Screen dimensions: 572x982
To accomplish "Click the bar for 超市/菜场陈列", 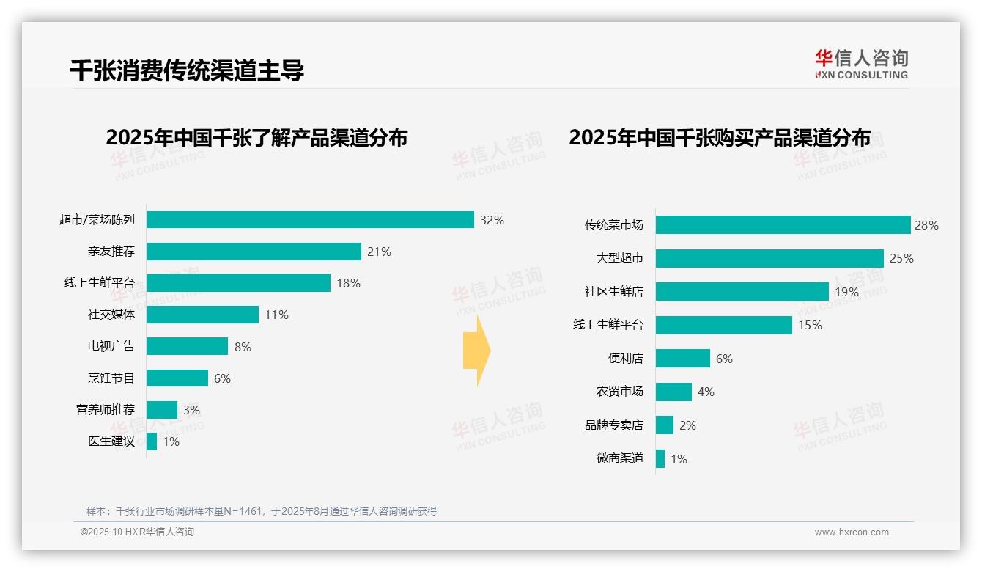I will pyautogui.click(x=310, y=220).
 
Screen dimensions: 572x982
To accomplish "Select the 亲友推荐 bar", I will pyautogui.click(x=254, y=252).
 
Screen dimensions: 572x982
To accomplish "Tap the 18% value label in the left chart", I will pyautogui.click(x=348, y=283).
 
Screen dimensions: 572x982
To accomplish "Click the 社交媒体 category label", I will pyautogui.click(x=111, y=315).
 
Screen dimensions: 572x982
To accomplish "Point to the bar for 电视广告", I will pyautogui.click(x=187, y=346).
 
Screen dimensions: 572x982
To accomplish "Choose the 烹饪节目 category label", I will pyautogui.click(x=111, y=378).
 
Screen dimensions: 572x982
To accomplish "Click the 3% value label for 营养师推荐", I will pyautogui.click(x=191, y=410).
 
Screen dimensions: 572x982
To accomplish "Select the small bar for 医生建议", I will pyautogui.click(x=152, y=441).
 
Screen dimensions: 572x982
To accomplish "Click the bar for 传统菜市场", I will pyautogui.click(x=783, y=225).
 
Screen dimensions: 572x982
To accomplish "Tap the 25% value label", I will pyautogui.click(x=901, y=258).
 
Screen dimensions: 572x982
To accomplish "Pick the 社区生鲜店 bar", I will pyautogui.click(x=742, y=292).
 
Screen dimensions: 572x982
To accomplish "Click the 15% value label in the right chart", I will pyautogui.click(x=810, y=325).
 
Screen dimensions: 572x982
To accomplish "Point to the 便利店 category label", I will pyautogui.click(x=625, y=359).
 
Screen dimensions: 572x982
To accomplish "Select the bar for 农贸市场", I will pyautogui.click(x=673, y=392).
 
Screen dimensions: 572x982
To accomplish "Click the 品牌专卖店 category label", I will pyautogui.click(x=613, y=425).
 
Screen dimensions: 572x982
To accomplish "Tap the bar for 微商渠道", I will pyautogui.click(x=660, y=459).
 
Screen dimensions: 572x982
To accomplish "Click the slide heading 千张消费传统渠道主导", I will pyautogui.click(x=187, y=70).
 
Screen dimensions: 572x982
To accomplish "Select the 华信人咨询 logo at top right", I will pyautogui.click(x=861, y=64).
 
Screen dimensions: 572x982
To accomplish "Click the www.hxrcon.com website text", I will pyautogui.click(x=851, y=532).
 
